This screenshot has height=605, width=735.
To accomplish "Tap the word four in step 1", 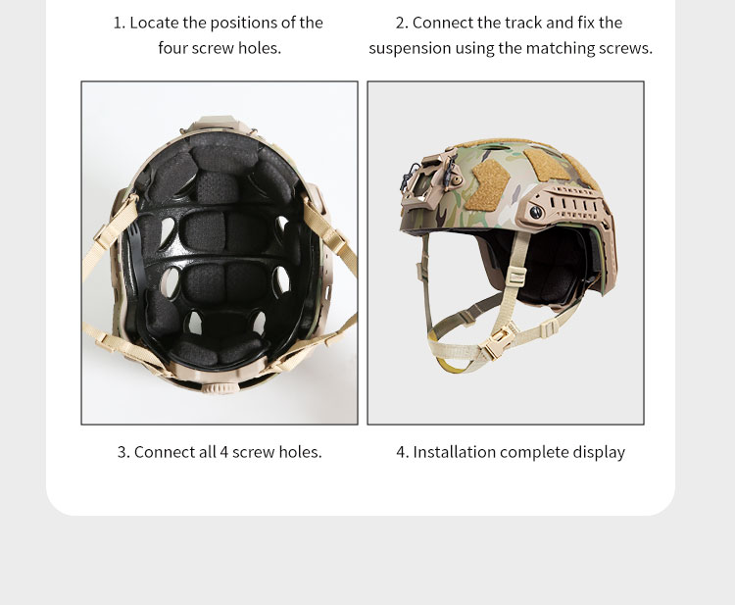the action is [172, 48].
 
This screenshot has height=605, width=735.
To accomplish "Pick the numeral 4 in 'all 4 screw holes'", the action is [223, 452].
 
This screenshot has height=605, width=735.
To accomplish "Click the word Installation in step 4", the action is [454, 452].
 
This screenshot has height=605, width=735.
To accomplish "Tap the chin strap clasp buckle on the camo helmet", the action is [496, 342].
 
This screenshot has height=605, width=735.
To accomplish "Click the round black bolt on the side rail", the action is [536, 212].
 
